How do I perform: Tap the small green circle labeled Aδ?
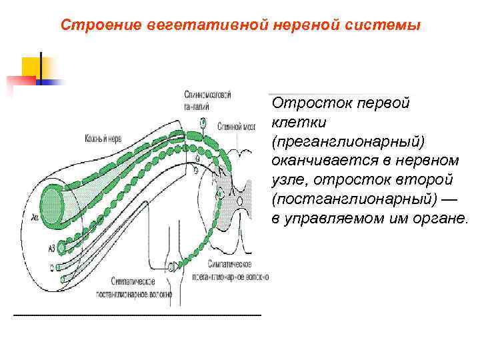[x=62, y=247]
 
